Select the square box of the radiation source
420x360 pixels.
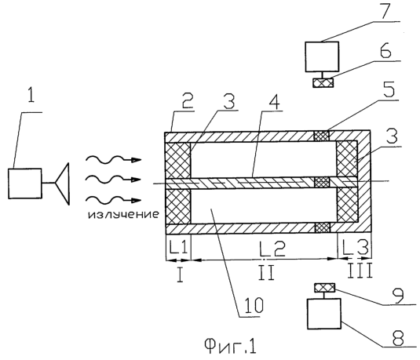(25, 184)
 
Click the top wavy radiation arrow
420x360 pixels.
(113, 159)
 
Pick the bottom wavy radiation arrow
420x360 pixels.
(113, 200)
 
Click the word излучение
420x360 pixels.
(123, 215)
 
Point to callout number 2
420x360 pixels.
(187, 100)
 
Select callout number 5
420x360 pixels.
(389, 90)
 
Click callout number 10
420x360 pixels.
(254, 305)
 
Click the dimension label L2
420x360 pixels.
(273, 248)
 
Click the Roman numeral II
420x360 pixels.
(266, 272)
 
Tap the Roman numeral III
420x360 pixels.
(360, 271)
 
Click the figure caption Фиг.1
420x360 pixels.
(231, 346)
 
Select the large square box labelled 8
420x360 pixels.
(324, 314)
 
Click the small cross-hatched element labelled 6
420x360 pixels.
(323, 82)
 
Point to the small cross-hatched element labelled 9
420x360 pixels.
(324, 288)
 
